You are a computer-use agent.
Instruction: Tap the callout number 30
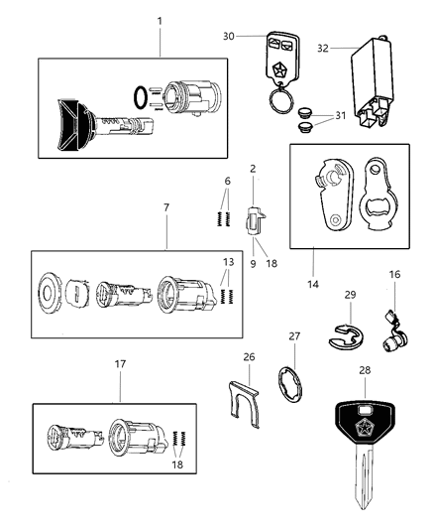(229, 37)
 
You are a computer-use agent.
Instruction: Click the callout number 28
(366, 369)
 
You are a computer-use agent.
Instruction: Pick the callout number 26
(249, 357)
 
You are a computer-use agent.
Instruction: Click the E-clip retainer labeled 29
(344, 336)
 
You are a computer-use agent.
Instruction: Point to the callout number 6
(227, 182)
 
